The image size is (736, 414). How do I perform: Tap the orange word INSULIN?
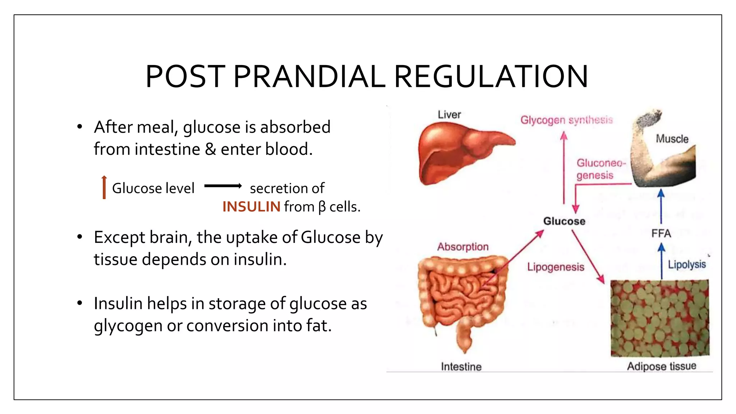click(x=251, y=207)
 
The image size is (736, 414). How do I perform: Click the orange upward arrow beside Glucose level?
click(x=104, y=187)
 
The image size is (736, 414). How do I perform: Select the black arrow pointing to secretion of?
click(x=223, y=186)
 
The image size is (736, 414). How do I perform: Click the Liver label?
click(x=449, y=115)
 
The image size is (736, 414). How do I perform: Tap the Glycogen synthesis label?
click(x=566, y=120)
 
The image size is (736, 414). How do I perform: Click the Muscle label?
click(x=672, y=139)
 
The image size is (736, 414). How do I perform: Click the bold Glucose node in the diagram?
click(x=564, y=221)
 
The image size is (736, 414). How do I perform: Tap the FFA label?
click(x=661, y=234)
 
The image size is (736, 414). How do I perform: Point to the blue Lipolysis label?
click(x=687, y=264)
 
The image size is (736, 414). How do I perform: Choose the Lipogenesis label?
click(x=556, y=267)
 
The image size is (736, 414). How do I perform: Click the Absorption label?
click(x=463, y=247)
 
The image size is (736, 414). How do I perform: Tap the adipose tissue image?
click(x=660, y=318)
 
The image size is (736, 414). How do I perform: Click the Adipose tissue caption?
click(x=662, y=366)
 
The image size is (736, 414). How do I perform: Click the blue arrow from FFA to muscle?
click(x=661, y=207)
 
